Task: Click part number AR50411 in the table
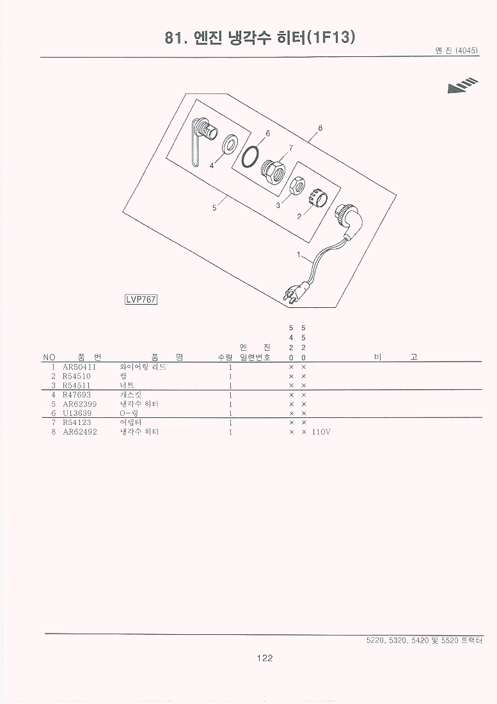(x=79, y=367)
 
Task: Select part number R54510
(x=77, y=376)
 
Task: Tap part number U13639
(x=77, y=413)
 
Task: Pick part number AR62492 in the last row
(x=80, y=432)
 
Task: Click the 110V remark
(x=321, y=432)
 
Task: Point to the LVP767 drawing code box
(x=141, y=299)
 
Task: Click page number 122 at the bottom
(x=265, y=658)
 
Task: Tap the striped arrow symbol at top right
(x=462, y=86)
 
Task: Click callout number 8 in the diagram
(x=320, y=128)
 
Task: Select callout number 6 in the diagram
(x=268, y=133)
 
